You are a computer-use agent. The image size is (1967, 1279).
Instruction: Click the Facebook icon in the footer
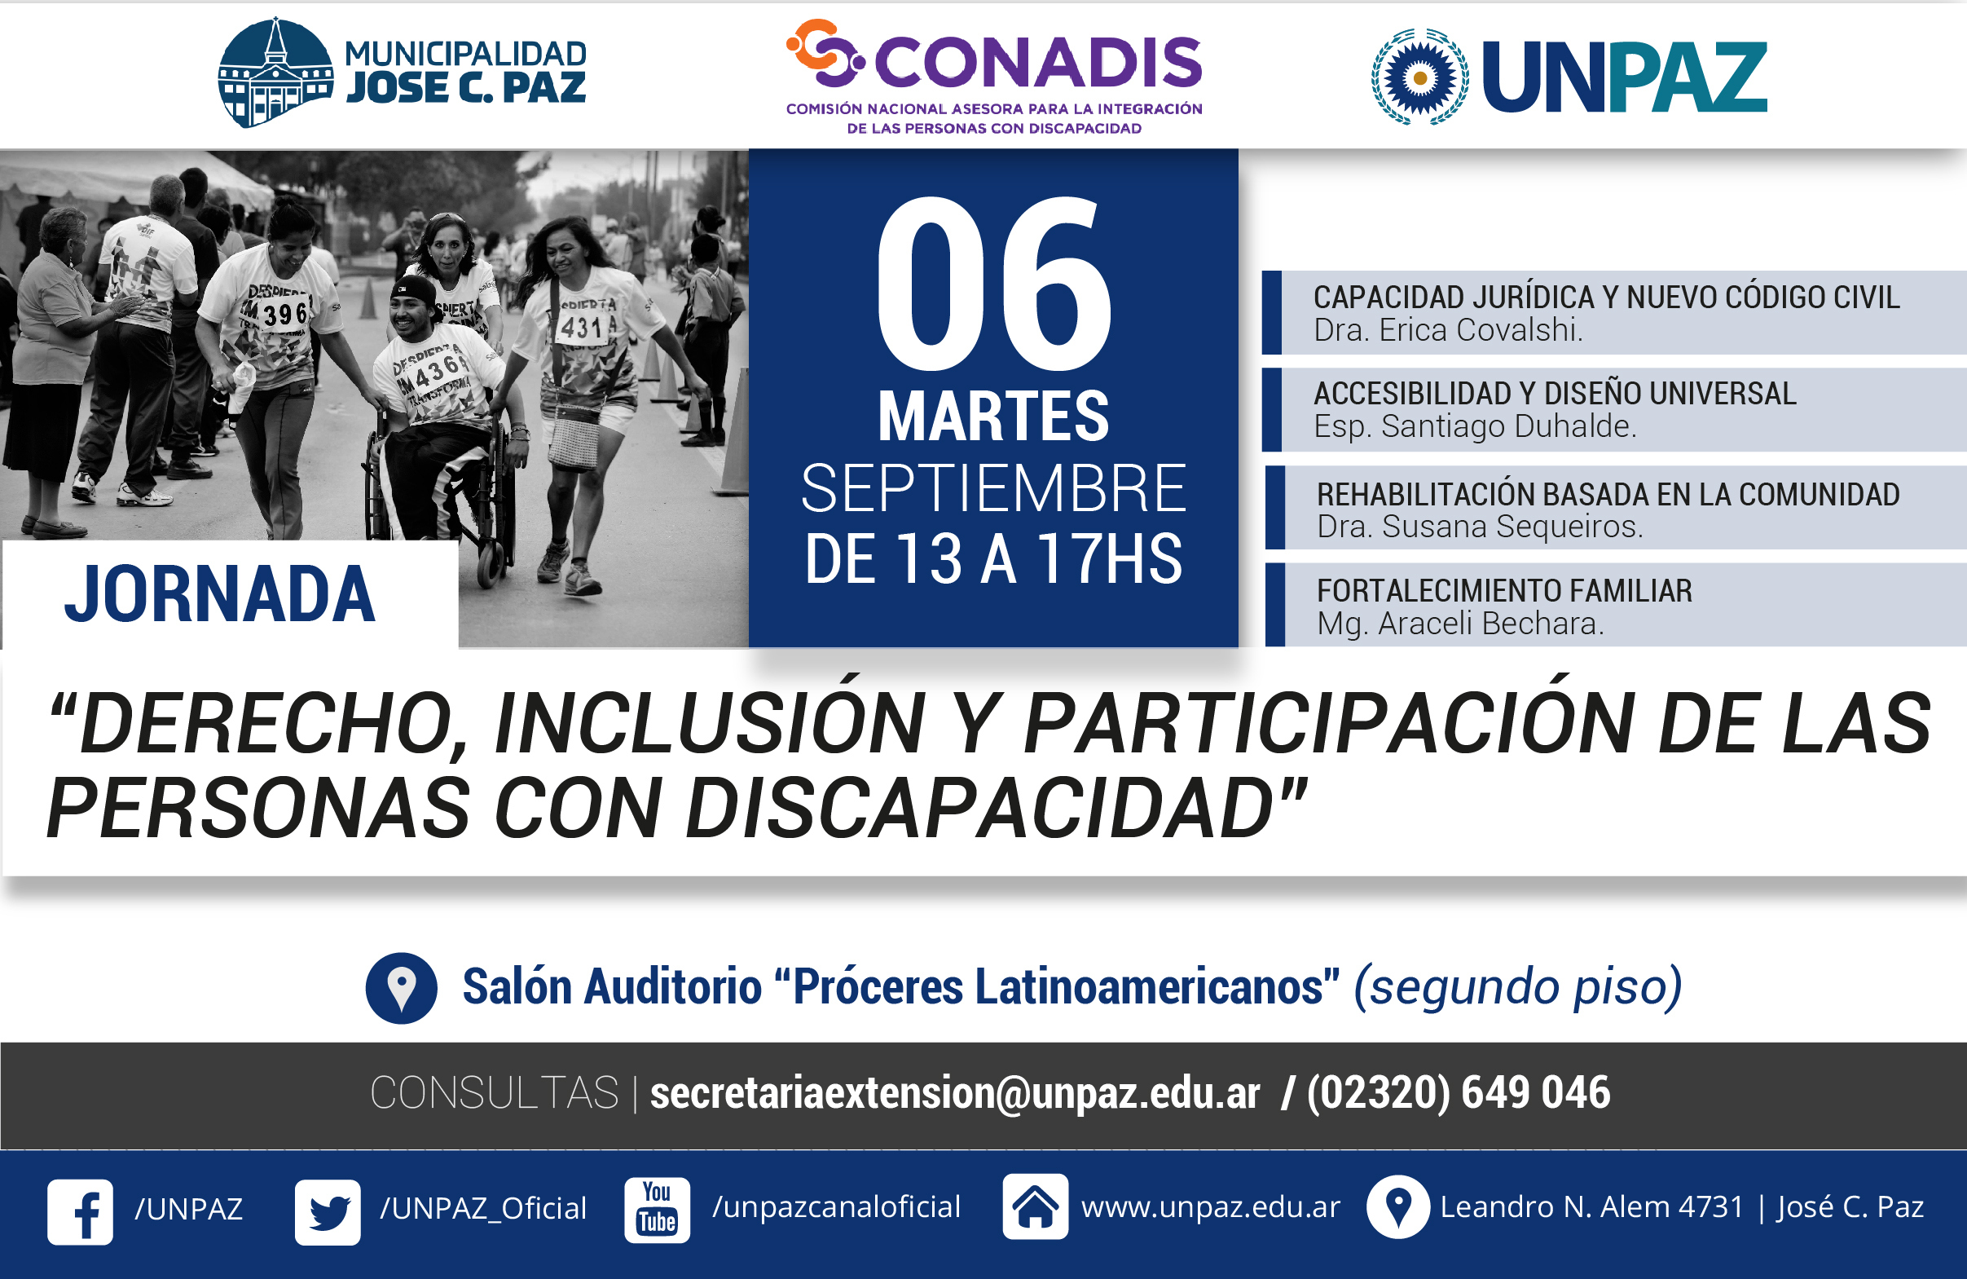coord(80,1211)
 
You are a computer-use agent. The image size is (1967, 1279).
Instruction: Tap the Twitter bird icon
coord(328,1212)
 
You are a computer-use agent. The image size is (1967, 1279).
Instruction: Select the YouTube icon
coord(657,1210)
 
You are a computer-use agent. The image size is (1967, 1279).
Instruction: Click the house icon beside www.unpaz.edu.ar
coord(1035,1206)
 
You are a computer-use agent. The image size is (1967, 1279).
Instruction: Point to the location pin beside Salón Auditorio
coord(402,988)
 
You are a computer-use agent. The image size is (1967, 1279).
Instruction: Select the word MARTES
coord(993,416)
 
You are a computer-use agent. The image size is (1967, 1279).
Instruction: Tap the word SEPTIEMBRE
coord(993,487)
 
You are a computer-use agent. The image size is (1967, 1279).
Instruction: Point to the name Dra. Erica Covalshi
coord(1448,330)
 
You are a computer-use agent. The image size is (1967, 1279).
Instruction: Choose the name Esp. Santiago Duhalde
coord(1474,426)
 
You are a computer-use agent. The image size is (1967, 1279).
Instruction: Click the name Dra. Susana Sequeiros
coord(1480,526)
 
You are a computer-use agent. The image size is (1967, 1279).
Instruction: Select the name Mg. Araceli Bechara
coord(1460,624)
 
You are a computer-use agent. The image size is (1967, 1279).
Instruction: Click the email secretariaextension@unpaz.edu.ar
coord(955,1093)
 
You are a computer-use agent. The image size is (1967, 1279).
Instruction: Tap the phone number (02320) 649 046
coord(1459,1092)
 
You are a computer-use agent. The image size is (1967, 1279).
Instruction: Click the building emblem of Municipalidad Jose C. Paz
coord(275,72)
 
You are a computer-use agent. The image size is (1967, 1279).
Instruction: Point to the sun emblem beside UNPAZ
coord(1420,77)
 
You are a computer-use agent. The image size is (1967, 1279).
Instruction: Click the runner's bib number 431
coord(582,329)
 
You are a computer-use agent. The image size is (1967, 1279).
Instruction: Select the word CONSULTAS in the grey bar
coord(495,1093)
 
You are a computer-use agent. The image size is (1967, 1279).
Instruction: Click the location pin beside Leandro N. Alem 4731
coord(1397,1206)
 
